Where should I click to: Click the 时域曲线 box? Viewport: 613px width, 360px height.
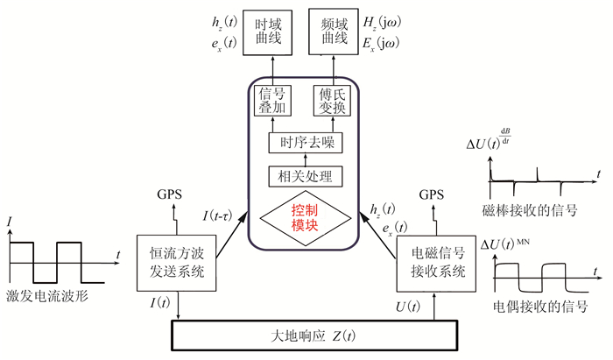point(268,33)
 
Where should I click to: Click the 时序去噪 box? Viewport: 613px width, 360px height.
point(304,143)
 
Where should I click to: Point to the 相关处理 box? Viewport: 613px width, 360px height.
point(304,176)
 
